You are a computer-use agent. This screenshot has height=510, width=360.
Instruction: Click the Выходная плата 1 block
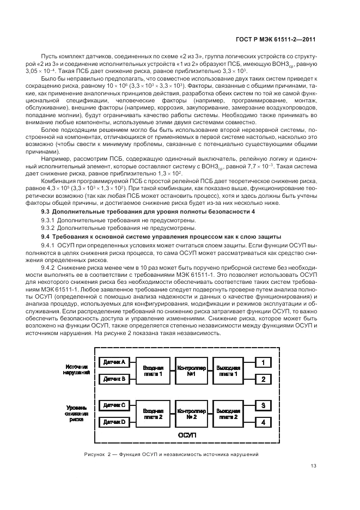228,370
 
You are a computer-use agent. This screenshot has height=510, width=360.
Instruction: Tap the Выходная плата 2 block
228,413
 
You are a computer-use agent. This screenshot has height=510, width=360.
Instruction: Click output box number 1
263,362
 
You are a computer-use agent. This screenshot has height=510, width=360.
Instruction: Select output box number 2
263,378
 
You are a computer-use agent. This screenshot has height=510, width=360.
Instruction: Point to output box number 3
263,405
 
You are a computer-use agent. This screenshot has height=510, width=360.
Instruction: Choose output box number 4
263,421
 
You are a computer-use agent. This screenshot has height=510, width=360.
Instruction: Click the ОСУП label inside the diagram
186,436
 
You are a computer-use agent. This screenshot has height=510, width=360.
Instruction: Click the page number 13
313,465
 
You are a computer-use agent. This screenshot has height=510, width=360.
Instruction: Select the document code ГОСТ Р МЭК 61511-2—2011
278,39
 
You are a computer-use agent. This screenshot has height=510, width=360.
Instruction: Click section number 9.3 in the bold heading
46,210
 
